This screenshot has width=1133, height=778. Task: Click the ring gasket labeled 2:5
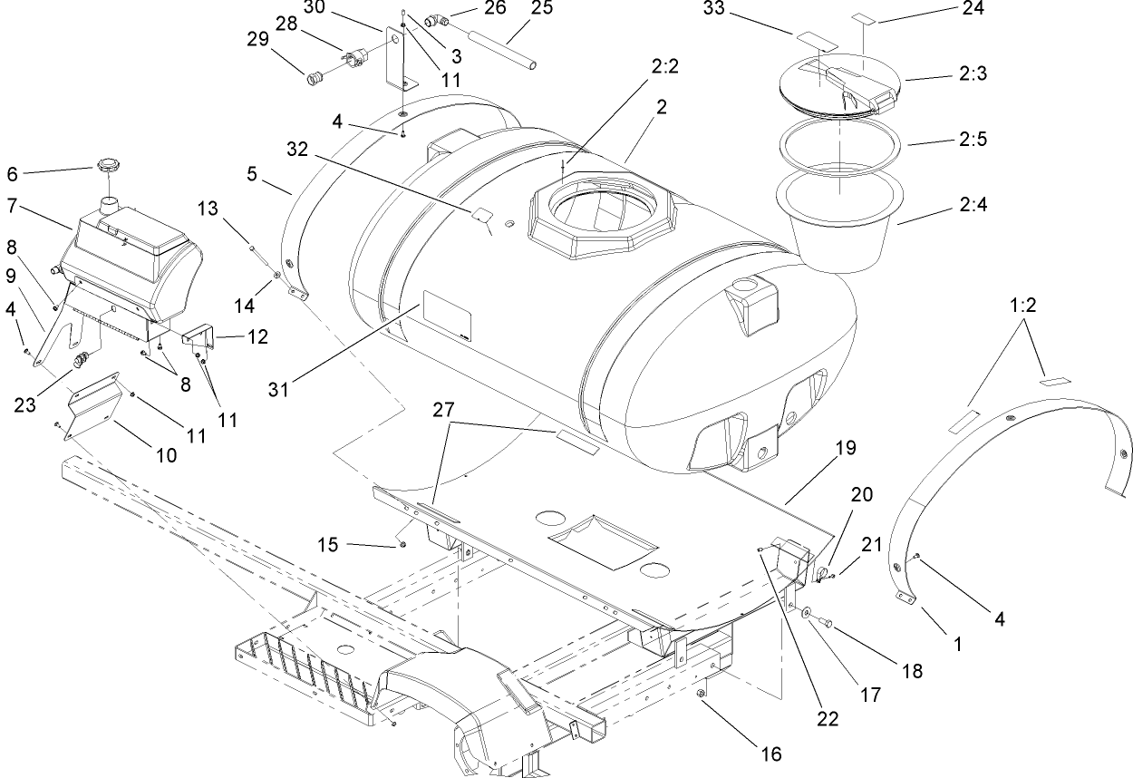840,144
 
